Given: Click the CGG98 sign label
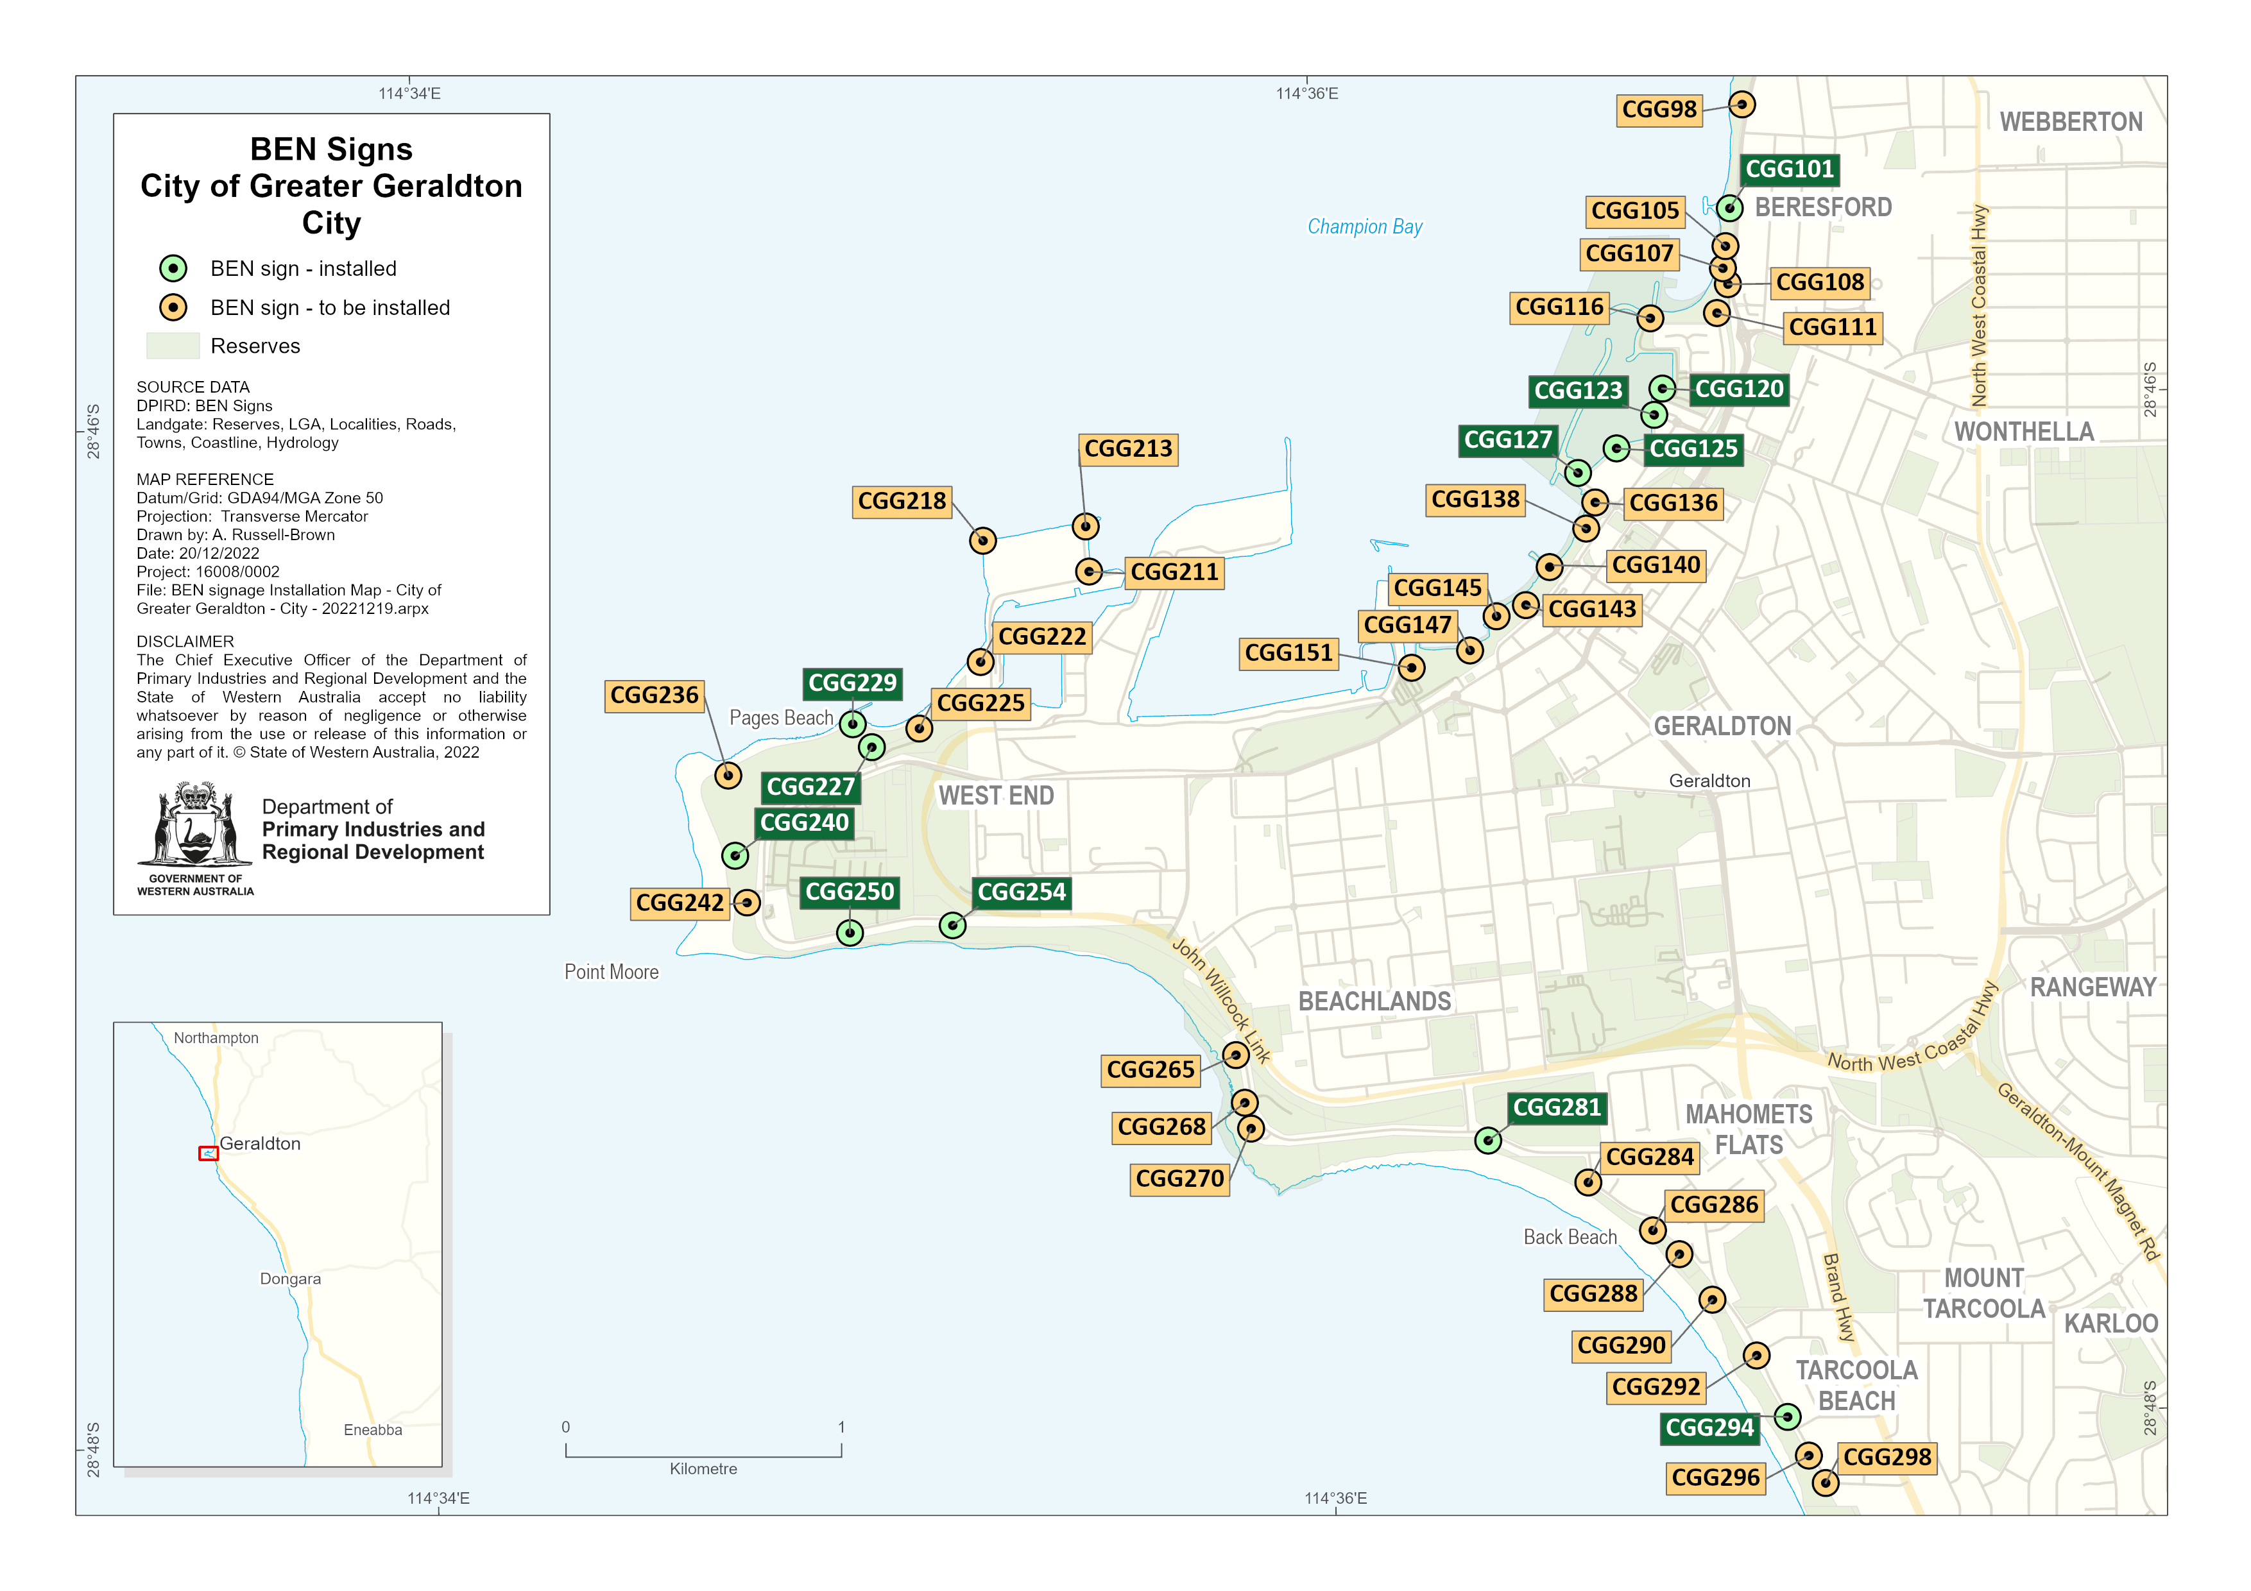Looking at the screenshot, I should (1658, 110).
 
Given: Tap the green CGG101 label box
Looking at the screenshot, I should (1788, 169).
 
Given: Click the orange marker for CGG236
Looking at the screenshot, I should (728, 776).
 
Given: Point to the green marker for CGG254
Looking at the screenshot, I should (952, 924).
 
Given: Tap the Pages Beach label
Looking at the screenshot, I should (780, 718).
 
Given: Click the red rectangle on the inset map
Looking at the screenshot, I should (208, 1153).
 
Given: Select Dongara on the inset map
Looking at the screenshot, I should (290, 1279).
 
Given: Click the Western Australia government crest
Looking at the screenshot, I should (195, 826).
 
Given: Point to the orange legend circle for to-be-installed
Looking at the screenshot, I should (173, 308).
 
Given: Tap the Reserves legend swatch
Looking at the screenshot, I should (173, 346).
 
